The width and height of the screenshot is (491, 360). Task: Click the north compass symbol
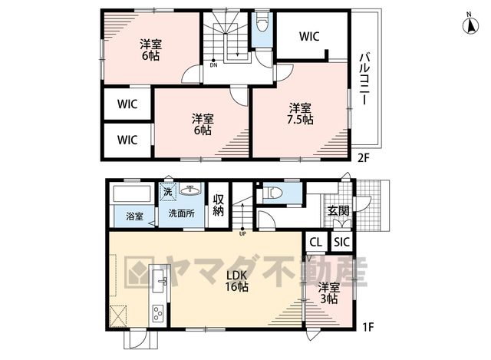point(470,25)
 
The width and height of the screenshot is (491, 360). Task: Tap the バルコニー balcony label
point(364,79)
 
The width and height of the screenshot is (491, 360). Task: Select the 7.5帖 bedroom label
point(300,114)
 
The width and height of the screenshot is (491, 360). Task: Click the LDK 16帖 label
point(237,281)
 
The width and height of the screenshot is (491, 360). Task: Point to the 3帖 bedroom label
point(329,294)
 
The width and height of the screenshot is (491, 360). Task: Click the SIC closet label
point(341,242)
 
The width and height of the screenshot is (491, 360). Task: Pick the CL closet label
point(315,242)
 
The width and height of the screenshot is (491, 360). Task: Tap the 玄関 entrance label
point(338,211)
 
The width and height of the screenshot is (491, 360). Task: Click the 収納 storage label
point(218,205)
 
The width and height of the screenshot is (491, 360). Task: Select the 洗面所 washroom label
point(182,213)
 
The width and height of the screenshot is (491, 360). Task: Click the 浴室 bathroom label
point(135,216)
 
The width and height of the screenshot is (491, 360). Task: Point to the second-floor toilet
point(262,22)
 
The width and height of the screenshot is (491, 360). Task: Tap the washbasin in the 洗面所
point(190,190)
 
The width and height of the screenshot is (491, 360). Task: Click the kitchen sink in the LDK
point(160,280)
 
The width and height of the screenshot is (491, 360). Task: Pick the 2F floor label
point(364,158)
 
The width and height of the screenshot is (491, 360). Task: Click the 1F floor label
point(368,328)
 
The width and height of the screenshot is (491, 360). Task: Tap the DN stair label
point(213,65)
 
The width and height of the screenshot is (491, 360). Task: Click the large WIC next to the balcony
point(309,36)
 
